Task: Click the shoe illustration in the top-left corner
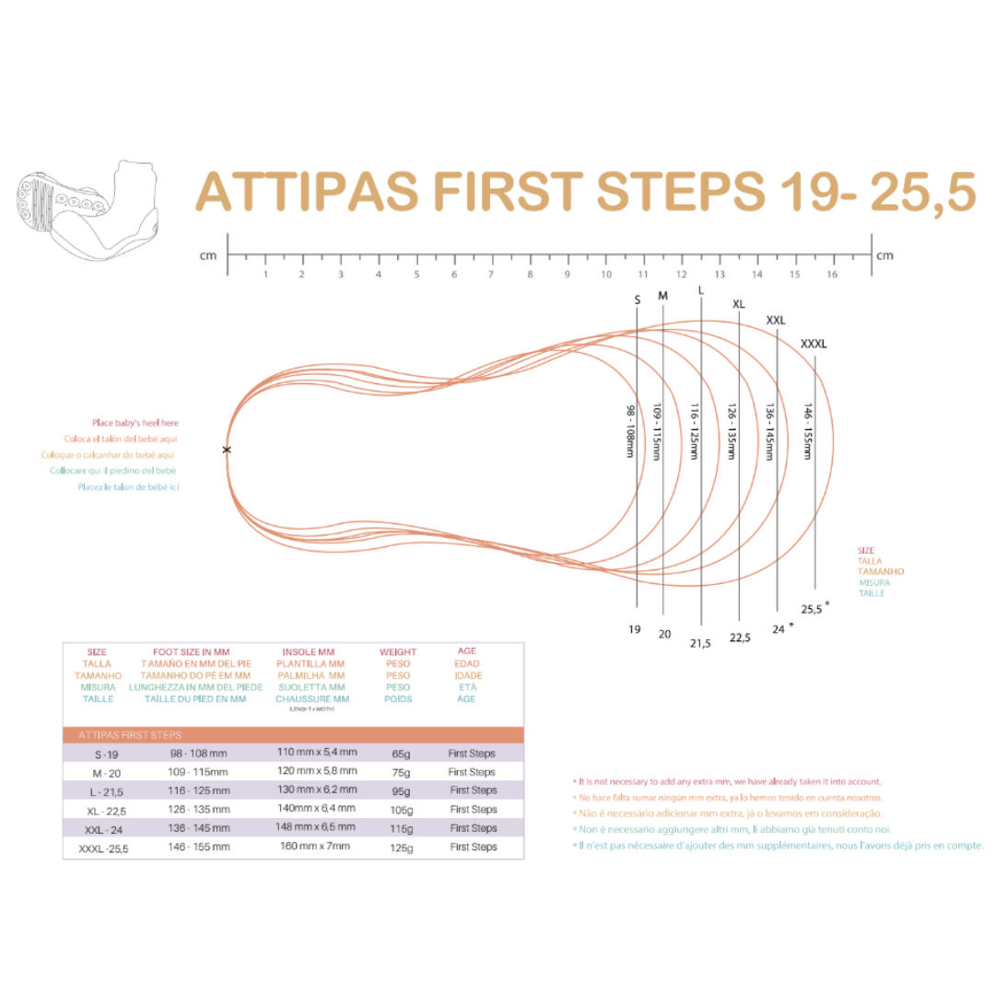click(83, 209)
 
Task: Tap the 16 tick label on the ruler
click(832, 275)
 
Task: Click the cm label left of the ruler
click(207, 255)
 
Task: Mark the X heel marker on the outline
click(227, 450)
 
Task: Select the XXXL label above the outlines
click(814, 344)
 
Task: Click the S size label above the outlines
click(637, 299)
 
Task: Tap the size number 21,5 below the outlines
click(700, 643)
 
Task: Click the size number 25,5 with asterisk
click(814, 608)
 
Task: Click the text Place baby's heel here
click(135, 422)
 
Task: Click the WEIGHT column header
click(398, 651)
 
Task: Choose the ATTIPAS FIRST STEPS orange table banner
click(293, 734)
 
